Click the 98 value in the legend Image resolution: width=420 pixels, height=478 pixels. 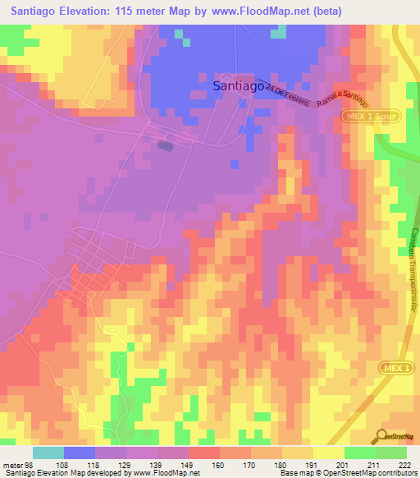pyautogui.click(x=32, y=465)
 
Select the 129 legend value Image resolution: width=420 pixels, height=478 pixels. pyautogui.click(x=126, y=465)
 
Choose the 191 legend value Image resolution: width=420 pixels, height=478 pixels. pyautogui.click(x=313, y=465)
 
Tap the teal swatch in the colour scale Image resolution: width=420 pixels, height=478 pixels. pyautogui.click(x=48, y=453)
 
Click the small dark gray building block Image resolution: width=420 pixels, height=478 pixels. pyautogui.click(x=166, y=146)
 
